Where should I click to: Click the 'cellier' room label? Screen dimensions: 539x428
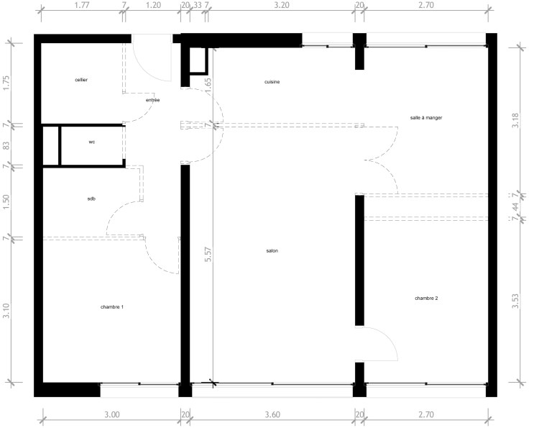point(81,80)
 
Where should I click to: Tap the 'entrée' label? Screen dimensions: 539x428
point(152,100)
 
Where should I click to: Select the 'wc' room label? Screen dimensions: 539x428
point(92,142)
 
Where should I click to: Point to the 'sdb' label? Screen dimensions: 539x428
point(91,199)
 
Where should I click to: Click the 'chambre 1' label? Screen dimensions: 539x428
point(112,307)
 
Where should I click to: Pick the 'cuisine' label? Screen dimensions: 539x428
point(272,82)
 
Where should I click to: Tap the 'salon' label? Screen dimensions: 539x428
point(272,251)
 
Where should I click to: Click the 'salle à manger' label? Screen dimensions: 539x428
point(426,118)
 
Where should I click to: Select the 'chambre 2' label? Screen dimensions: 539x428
point(426,299)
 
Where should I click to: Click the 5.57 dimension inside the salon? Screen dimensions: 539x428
point(208,255)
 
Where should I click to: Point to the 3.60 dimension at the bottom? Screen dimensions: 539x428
point(272,414)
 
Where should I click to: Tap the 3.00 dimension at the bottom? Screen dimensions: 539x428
point(112,414)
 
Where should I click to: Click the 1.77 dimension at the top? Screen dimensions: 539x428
point(82,5)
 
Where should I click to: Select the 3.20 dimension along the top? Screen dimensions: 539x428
point(282,5)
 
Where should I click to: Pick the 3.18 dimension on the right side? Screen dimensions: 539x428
point(515,120)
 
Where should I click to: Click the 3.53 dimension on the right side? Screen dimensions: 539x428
point(515,301)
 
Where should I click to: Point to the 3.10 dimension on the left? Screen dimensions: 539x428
point(6,310)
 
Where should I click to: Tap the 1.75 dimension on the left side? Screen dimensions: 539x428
point(6,83)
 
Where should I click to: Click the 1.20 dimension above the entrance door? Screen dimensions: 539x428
point(153,5)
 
